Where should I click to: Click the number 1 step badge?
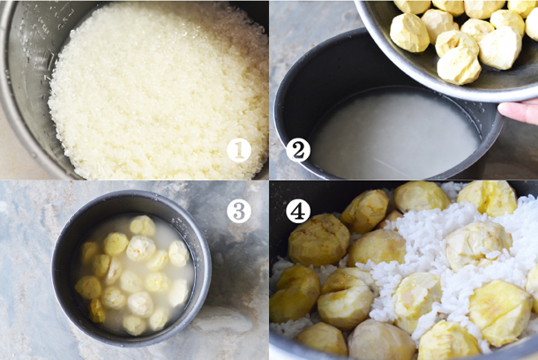click(x=239, y=150)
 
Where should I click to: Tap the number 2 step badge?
click(x=298, y=150)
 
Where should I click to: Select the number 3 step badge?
click(x=239, y=211)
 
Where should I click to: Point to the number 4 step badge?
click(x=298, y=211)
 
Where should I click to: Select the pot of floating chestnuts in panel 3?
click(x=131, y=267)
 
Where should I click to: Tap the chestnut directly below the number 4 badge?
click(x=318, y=239)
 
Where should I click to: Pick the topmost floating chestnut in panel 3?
click(x=142, y=226)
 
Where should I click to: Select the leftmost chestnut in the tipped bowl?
click(x=409, y=33)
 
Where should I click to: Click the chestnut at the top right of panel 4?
click(x=487, y=198)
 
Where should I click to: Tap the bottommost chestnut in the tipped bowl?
click(x=460, y=65)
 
